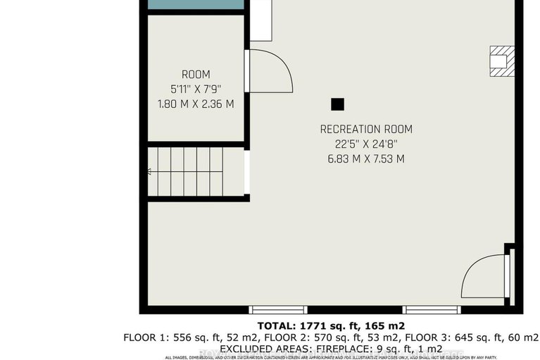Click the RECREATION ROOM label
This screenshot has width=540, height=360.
[365, 129]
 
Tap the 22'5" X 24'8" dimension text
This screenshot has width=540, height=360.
[365, 144]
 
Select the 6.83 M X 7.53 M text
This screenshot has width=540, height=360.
[365, 159]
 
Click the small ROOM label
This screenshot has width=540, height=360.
[196, 75]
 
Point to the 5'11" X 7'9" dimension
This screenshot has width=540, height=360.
[196, 89]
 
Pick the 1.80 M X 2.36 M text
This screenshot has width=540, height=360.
[196, 104]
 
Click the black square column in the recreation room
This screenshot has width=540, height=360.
[338, 104]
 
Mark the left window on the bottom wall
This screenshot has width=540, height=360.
[279, 310]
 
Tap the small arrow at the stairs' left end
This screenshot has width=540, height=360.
[149, 171]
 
